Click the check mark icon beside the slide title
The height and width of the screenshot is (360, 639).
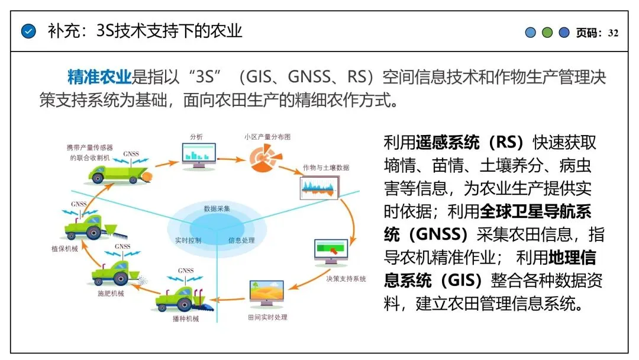[x=28, y=31]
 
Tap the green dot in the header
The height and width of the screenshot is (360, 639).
[x=547, y=33]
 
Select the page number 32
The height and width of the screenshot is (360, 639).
[x=613, y=33]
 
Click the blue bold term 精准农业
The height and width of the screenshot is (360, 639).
[x=99, y=77]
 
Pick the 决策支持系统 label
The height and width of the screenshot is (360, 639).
[x=346, y=278]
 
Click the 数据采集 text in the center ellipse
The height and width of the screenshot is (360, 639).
[x=217, y=209]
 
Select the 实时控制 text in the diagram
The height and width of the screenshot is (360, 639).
[x=188, y=241]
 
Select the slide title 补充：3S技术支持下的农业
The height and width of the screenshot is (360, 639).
[x=145, y=31]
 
